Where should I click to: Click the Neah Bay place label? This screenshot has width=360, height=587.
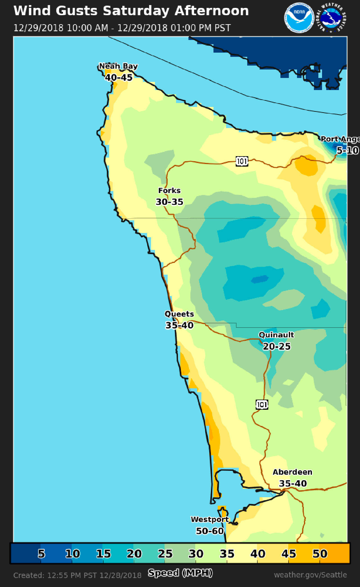[x=118, y=66]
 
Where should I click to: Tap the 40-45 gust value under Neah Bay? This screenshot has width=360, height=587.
[x=118, y=77]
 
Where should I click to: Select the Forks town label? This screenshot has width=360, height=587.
[x=169, y=191]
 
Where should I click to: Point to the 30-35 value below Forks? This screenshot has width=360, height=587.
[x=169, y=202]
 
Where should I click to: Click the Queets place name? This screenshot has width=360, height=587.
[x=179, y=314]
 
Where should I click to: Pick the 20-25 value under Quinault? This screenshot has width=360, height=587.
[x=276, y=346]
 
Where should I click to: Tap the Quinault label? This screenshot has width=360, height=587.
[x=276, y=335]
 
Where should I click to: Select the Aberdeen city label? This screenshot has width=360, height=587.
[x=292, y=472]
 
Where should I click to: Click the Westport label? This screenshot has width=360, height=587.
[x=210, y=519]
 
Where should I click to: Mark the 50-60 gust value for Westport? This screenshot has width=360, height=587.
[x=210, y=531]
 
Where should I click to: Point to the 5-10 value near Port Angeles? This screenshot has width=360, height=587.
[x=348, y=151]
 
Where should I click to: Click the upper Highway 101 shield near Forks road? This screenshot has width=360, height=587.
[x=242, y=161]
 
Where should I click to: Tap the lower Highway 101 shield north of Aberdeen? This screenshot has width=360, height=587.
[x=262, y=404]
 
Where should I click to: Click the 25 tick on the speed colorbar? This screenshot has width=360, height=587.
[x=165, y=554]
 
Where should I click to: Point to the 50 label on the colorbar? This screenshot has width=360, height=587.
[x=320, y=554]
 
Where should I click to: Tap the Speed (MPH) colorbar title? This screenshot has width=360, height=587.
[x=180, y=573]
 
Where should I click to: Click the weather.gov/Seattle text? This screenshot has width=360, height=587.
[x=310, y=575]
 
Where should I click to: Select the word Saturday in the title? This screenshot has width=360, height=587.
[x=136, y=11]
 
